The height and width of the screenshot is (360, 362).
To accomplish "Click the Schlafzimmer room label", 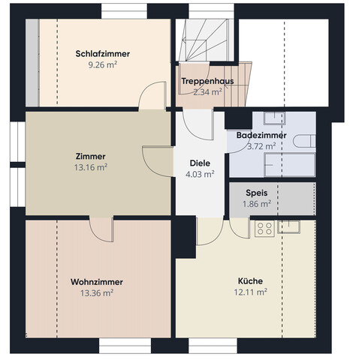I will coord(103,54).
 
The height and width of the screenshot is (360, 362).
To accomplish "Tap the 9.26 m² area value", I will coord(103,64).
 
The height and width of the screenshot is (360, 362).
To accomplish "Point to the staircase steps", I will coord(197,45).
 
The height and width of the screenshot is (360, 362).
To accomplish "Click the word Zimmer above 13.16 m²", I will coord(90,156).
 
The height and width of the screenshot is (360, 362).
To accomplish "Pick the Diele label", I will coord(200,163).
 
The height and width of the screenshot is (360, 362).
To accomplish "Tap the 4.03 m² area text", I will coord(200,173).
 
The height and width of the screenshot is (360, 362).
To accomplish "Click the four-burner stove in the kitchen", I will coord(264,227).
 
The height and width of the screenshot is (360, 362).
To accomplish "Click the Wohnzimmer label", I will coord(97,282).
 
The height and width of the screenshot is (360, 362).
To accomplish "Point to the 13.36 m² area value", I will coord(97,292).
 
